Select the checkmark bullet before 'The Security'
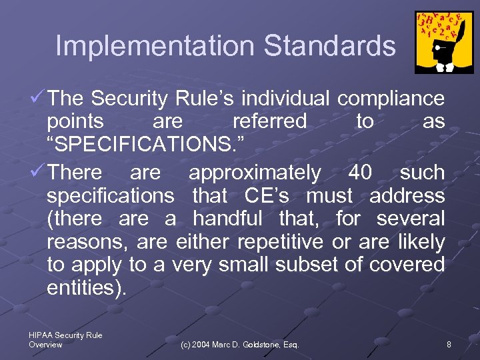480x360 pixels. click(38, 99)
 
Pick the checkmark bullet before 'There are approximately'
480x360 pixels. click(38, 173)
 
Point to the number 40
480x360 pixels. click(360, 173)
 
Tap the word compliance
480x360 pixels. click(391, 99)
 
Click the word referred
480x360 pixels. click(269, 121)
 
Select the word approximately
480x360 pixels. click(255, 173)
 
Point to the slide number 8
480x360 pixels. click(449, 345)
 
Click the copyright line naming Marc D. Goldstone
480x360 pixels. click(240, 345)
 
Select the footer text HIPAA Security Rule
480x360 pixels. click(65, 335)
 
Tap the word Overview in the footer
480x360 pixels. click(45, 345)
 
